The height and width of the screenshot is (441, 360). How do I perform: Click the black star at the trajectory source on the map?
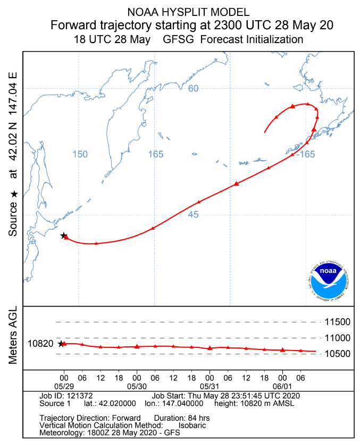pyautogui.click(x=63, y=235)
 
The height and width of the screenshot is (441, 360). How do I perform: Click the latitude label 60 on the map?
pyautogui.click(x=193, y=88)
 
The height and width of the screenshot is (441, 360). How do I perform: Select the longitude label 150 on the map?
pyautogui.click(x=79, y=154)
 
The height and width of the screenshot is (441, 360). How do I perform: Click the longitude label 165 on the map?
pyautogui.click(x=156, y=154)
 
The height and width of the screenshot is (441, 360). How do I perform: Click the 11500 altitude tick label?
pyautogui.click(x=338, y=322)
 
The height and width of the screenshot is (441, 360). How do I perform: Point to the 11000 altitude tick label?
pyautogui.click(x=338, y=338)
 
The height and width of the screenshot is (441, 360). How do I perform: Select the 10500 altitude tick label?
pyautogui.click(x=338, y=354)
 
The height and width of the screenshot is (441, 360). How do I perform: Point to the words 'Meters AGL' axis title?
pyautogui.click(x=13, y=336)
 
